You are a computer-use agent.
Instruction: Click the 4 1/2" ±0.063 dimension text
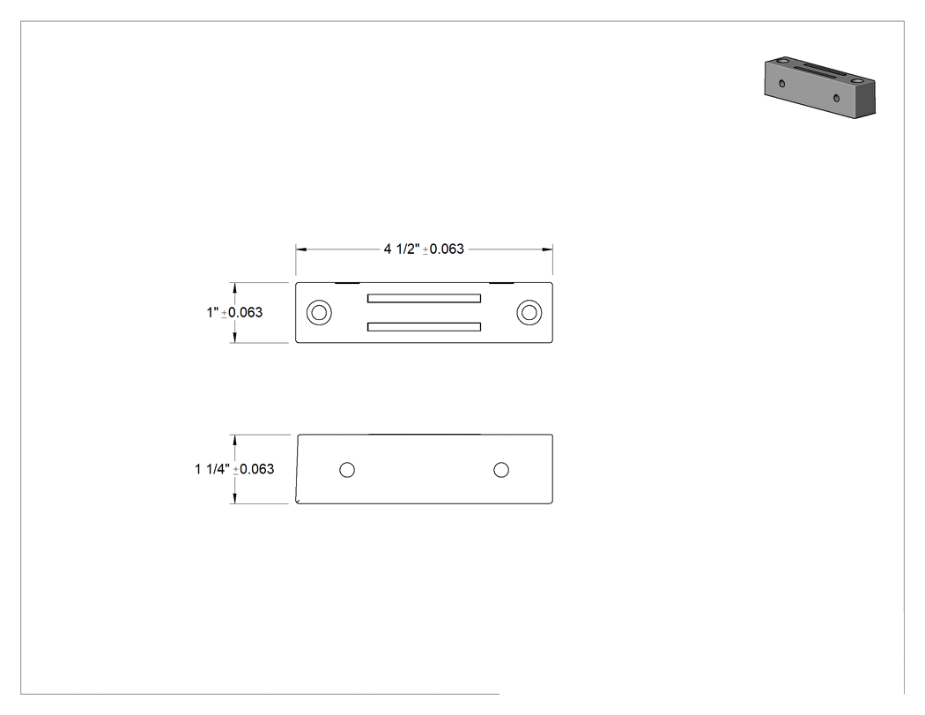point(424,250)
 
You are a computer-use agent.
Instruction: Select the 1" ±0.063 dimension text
point(234,312)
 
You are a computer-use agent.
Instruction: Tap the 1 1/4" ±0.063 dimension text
point(234,469)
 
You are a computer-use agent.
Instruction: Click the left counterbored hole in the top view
point(319,312)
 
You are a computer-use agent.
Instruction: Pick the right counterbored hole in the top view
point(529,312)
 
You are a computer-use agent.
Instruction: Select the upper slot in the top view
point(424,298)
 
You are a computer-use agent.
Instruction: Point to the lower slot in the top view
point(424,326)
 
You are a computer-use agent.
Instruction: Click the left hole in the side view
point(347,469)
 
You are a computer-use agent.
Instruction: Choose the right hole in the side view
point(501,469)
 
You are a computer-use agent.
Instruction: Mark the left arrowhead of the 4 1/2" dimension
point(301,250)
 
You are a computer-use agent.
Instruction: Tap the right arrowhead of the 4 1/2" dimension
point(547,250)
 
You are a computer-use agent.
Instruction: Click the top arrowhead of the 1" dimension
point(235,288)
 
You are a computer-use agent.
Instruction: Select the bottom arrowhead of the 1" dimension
point(235,337)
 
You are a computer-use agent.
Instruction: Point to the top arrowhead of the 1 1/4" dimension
point(235,441)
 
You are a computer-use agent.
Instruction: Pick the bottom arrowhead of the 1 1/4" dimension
point(235,498)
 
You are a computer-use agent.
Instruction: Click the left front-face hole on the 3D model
point(782,83)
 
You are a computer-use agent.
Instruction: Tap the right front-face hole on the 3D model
point(836,97)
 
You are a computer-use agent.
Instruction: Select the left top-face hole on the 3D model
point(782,60)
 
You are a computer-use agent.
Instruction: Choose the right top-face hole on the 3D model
point(856,79)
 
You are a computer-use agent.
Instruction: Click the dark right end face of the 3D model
point(866,97)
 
